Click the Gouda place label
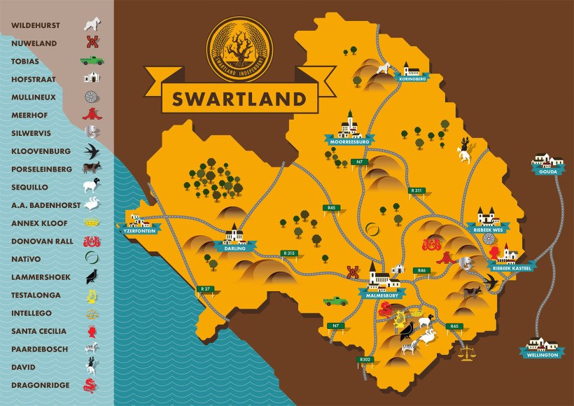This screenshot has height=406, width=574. pyautogui.click(x=547, y=170)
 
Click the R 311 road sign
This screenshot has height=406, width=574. pyautogui.click(x=417, y=190)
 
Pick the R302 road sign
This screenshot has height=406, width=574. pyautogui.click(x=365, y=359)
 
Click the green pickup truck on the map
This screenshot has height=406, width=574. pyautogui.click(x=336, y=300)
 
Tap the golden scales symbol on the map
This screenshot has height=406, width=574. pyautogui.click(x=465, y=350)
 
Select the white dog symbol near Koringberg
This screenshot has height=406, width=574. pyautogui.click(x=383, y=68)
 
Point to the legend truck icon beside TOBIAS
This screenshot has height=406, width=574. pyautogui.click(x=92, y=61)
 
